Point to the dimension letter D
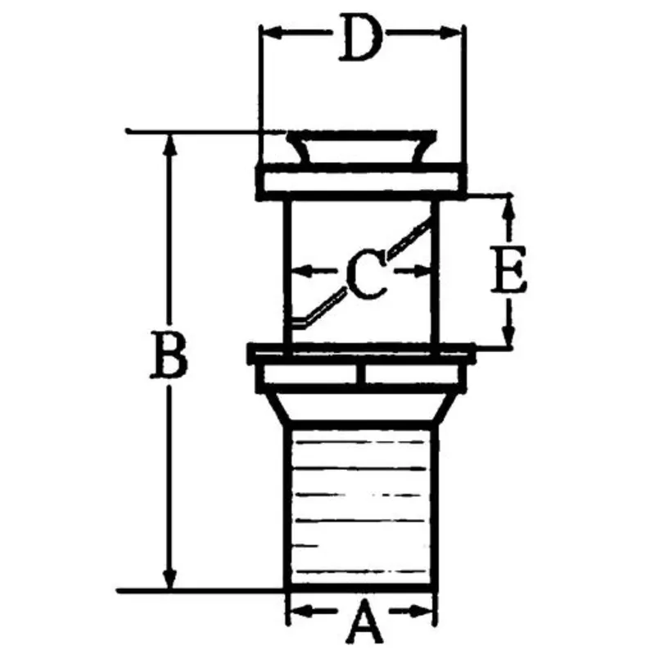(360, 39)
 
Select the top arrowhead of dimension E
(509, 203)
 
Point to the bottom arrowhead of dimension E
(509, 341)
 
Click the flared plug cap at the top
(361, 148)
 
